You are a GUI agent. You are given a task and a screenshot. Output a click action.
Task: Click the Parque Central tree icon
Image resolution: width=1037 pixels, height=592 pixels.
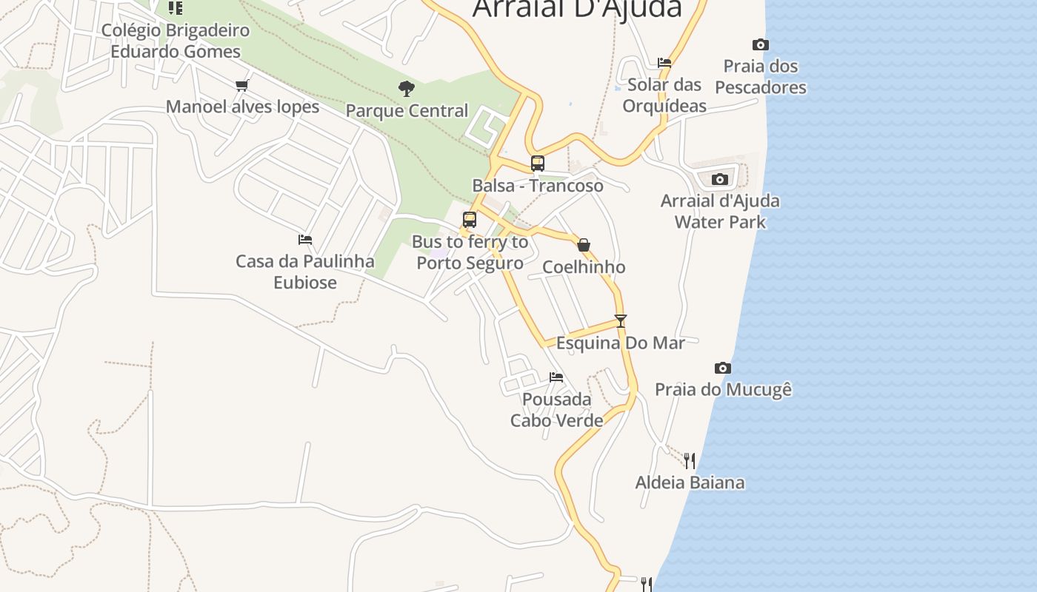click(x=406, y=90)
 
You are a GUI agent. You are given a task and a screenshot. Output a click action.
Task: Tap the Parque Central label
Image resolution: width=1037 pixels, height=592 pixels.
click(x=407, y=111)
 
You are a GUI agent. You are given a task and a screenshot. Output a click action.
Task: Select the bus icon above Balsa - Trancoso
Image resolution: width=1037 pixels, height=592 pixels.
click(x=538, y=164)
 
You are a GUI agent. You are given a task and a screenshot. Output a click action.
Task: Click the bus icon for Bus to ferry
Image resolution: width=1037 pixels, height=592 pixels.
click(x=470, y=220)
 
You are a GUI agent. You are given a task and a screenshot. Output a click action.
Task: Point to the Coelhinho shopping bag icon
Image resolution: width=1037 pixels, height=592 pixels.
click(x=584, y=245)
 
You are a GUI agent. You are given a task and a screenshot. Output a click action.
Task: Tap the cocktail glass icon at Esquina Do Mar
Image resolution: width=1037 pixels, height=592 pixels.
click(x=621, y=321)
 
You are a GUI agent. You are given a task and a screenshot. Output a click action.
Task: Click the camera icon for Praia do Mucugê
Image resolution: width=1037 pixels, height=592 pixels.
click(x=723, y=368)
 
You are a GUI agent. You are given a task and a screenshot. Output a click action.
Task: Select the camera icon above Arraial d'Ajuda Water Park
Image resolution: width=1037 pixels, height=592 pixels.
click(x=720, y=179)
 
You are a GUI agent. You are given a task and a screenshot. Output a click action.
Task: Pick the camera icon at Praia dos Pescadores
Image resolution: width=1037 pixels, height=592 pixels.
click(x=760, y=44)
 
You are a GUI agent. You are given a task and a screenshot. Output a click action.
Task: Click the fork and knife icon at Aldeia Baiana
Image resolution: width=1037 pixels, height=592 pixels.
click(x=690, y=461)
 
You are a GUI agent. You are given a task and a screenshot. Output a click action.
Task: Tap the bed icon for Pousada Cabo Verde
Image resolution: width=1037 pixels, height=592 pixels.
click(x=556, y=377)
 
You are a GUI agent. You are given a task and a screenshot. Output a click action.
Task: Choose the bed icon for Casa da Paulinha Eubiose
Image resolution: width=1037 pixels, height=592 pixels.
click(x=305, y=240)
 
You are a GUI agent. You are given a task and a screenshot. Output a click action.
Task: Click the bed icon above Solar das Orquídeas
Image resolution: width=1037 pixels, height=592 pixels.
click(x=664, y=63)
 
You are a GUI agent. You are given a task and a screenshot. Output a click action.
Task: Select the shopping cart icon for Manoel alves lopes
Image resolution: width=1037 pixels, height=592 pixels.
click(x=241, y=86)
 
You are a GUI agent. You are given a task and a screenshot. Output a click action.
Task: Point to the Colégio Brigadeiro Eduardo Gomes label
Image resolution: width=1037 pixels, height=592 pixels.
click(x=176, y=41)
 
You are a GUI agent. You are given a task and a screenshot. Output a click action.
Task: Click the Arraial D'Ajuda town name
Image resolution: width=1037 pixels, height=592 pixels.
click(x=577, y=9)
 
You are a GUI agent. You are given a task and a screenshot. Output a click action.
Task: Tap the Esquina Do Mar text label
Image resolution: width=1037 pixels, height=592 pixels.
click(x=621, y=343)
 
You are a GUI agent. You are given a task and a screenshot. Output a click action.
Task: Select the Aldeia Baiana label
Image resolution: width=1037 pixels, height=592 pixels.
click(x=690, y=483)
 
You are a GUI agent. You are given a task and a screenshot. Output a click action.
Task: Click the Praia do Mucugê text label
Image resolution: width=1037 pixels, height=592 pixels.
click(x=723, y=389)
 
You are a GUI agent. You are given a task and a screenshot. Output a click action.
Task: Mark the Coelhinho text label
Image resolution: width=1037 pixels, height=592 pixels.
click(x=584, y=267)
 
